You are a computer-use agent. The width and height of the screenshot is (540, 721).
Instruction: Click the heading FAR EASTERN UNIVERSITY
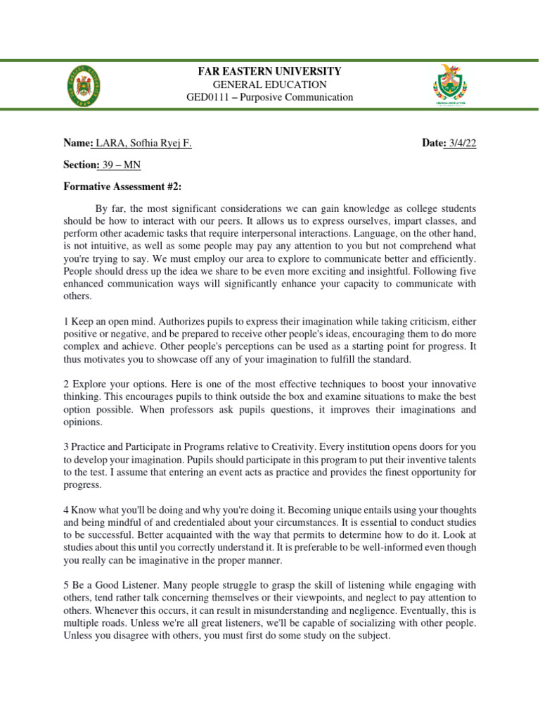269,71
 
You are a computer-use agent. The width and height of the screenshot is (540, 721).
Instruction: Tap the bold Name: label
78,143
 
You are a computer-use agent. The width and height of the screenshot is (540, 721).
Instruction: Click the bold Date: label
435,143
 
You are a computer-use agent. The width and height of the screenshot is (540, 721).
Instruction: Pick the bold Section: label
82,165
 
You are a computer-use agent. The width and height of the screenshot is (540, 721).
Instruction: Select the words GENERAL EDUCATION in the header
269,84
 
